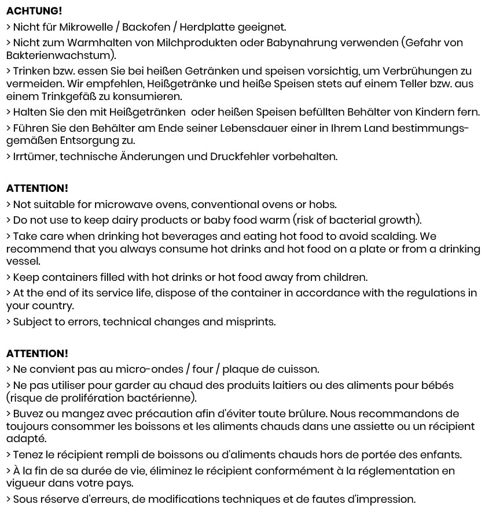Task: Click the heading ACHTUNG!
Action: coord(34,11)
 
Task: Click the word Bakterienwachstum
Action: coord(59,55)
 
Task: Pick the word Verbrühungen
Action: coord(421,71)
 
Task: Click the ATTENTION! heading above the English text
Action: coord(37,188)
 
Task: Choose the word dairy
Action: coord(123,220)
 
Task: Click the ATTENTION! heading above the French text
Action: coord(37,354)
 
